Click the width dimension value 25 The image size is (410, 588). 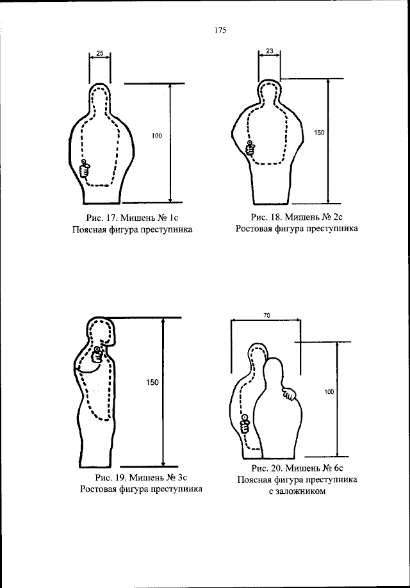[x=100, y=53]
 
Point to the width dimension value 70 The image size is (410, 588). [x=266, y=315]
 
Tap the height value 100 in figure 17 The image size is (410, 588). [x=157, y=136]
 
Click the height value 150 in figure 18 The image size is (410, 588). [x=319, y=133]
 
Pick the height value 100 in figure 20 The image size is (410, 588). [x=329, y=391]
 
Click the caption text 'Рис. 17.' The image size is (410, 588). [x=94, y=217]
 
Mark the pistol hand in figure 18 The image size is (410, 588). [x=250, y=149]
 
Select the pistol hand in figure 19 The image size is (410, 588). [x=97, y=354]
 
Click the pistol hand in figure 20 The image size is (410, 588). [x=244, y=423]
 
